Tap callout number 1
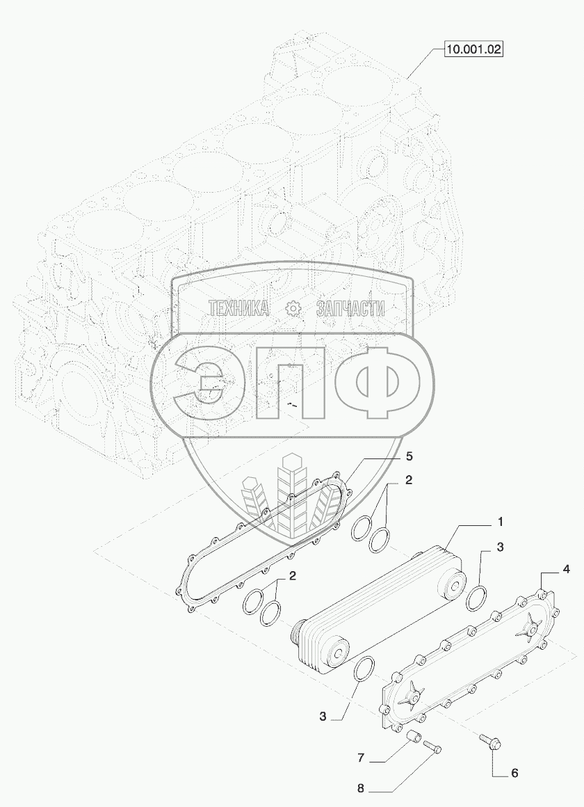[500, 522]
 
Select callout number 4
[566, 570]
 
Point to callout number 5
[409, 456]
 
